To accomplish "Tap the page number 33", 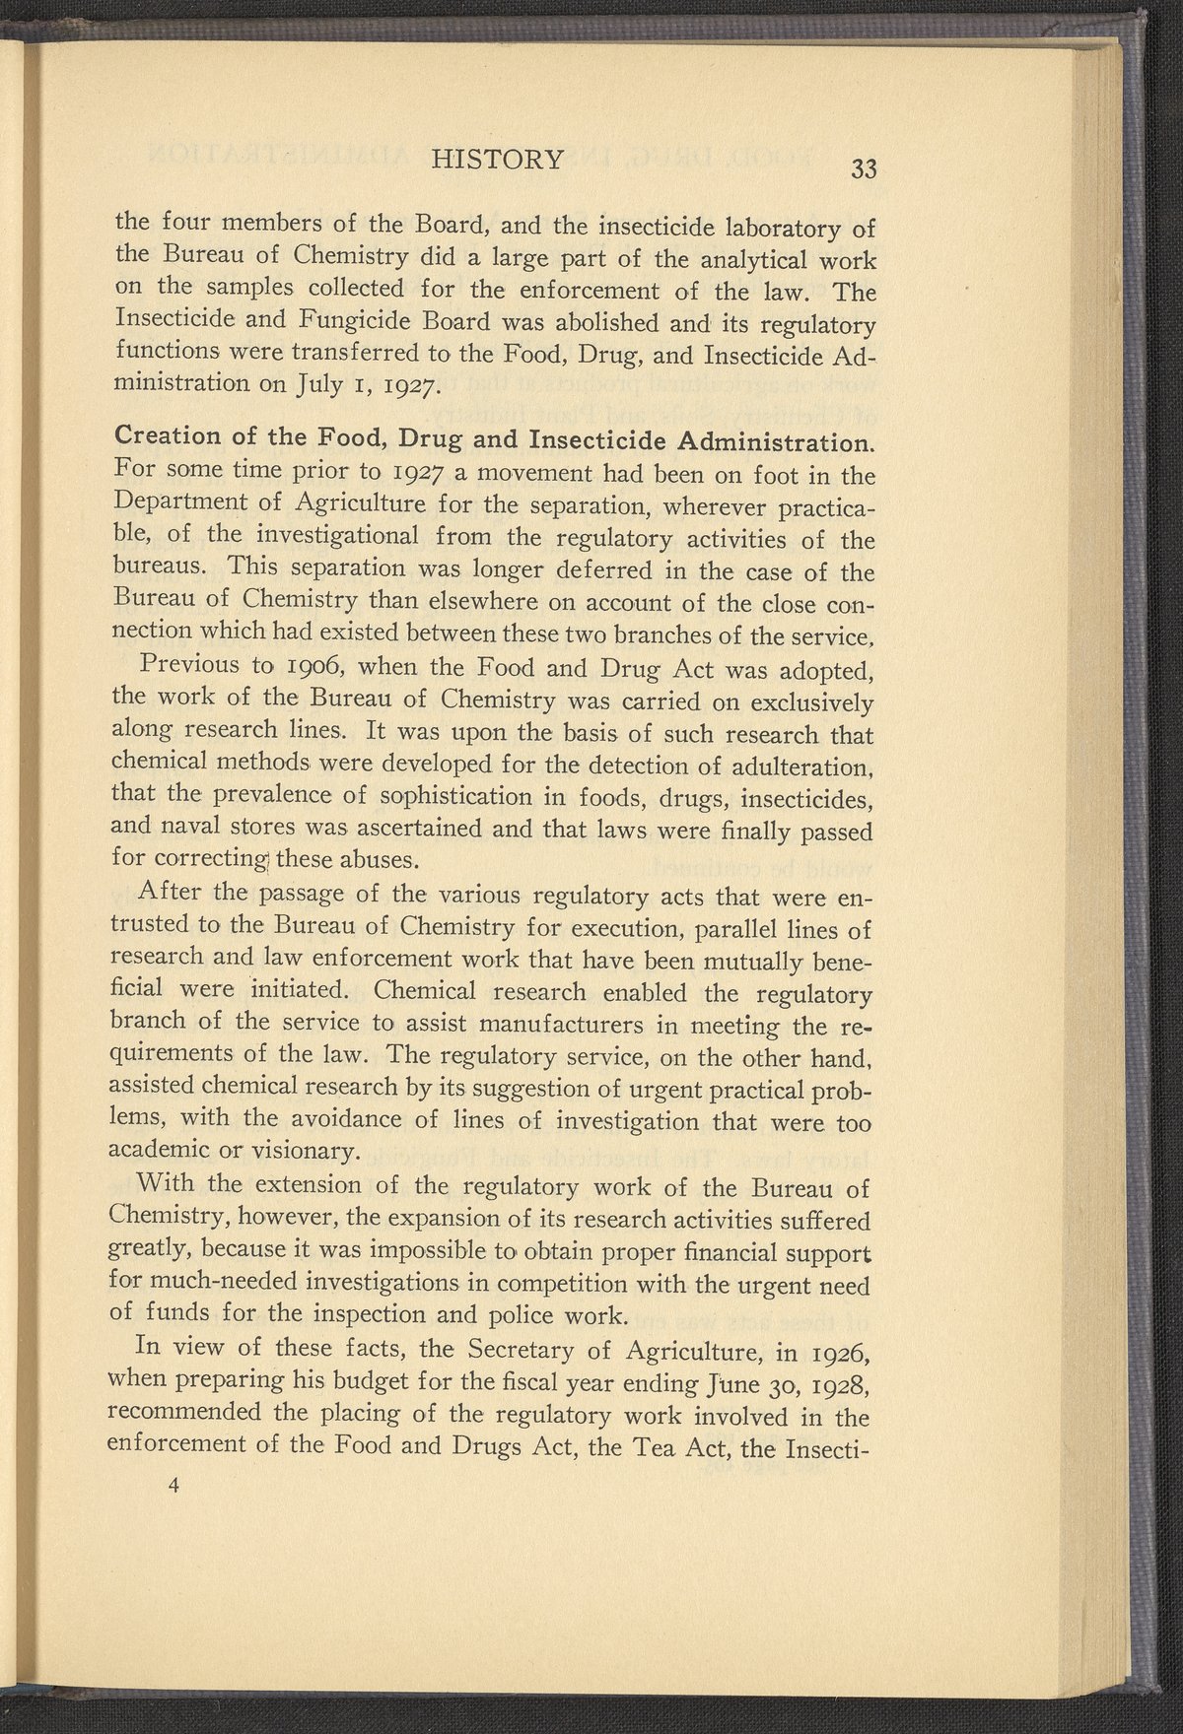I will [863, 168].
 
